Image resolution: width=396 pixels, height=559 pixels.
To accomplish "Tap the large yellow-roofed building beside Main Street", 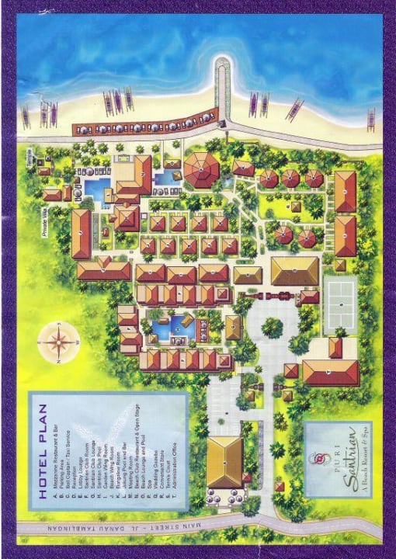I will point(224,461).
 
